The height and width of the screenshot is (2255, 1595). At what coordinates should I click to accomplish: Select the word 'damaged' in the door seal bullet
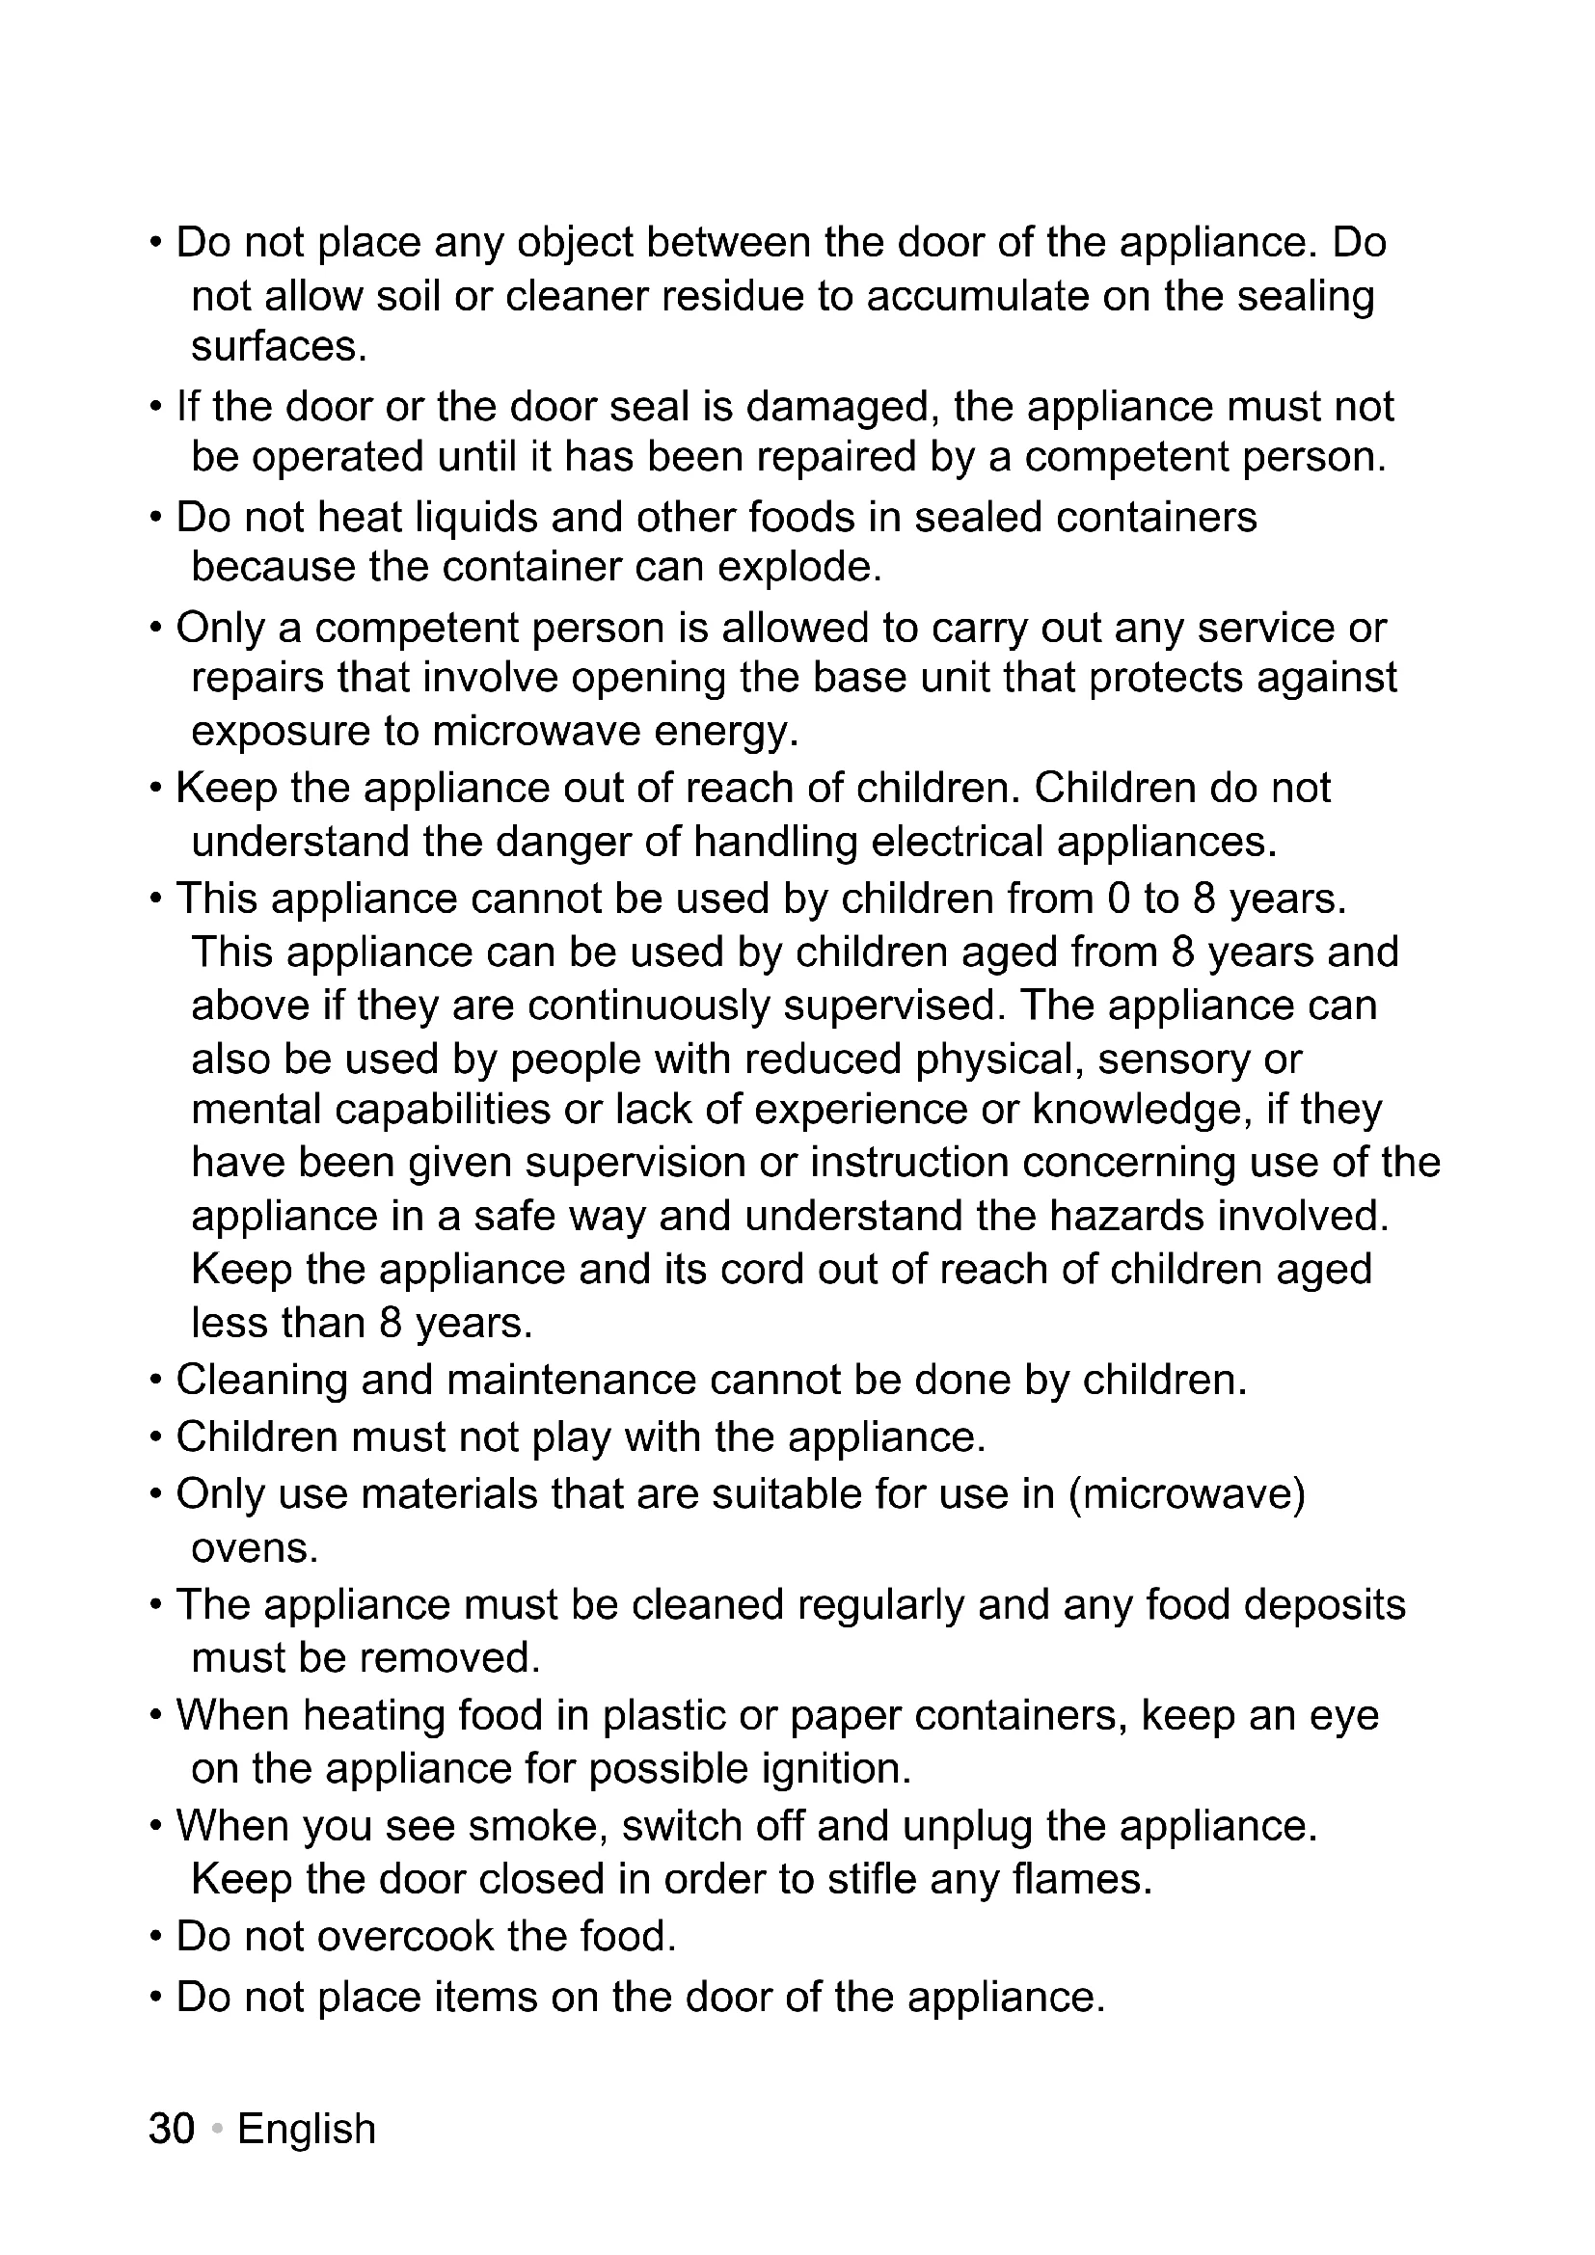[837, 407]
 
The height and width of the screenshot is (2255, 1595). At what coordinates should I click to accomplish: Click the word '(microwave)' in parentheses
[1186, 1492]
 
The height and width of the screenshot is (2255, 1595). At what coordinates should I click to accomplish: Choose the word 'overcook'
[406, 1936]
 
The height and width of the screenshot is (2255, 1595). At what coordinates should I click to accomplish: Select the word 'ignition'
[836, 1768]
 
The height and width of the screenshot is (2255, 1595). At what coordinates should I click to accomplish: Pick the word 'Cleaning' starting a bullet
[261, 1379]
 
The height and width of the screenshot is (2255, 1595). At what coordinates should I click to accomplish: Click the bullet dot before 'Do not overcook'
[155, 1938]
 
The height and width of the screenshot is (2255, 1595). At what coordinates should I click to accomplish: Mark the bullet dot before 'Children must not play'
[155, 1437]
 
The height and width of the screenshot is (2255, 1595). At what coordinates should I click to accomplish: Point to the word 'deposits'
[1325, 1604]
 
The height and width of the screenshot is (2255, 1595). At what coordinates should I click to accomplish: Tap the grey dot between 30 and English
[217, 2129]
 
